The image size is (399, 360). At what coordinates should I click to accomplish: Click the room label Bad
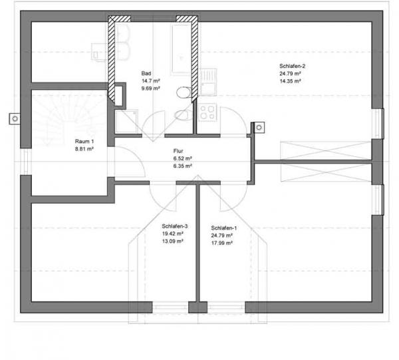coord(146,73)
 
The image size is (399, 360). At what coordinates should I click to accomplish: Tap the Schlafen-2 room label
coord(292,66)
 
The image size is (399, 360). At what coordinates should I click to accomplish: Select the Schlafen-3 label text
coord(174,226)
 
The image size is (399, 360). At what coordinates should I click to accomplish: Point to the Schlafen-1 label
coord(223,228)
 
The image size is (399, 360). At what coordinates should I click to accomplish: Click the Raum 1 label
coord(84,141)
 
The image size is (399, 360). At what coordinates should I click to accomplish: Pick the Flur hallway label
coord(178,151)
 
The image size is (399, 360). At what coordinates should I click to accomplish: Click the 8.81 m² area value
coord(84,149)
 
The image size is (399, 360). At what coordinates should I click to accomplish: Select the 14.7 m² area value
coord(151,81)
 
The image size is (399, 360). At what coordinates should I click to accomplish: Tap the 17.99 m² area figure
coord(222,243)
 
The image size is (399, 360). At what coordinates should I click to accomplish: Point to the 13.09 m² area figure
coord(173,241)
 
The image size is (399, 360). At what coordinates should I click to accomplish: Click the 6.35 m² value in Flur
coord(182,166)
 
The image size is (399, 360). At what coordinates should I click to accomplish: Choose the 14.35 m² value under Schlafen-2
coord(291,81)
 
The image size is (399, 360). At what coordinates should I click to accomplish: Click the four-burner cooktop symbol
coord(207,112)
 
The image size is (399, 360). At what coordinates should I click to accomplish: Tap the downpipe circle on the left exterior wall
coord(15,118)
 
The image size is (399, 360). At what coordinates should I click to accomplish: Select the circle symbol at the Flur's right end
coord(259,127)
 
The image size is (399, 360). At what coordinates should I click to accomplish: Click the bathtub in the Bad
coord(182,49)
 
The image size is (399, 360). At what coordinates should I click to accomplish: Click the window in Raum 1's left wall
coord(26,162)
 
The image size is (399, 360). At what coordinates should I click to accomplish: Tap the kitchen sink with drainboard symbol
coord(208,82)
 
